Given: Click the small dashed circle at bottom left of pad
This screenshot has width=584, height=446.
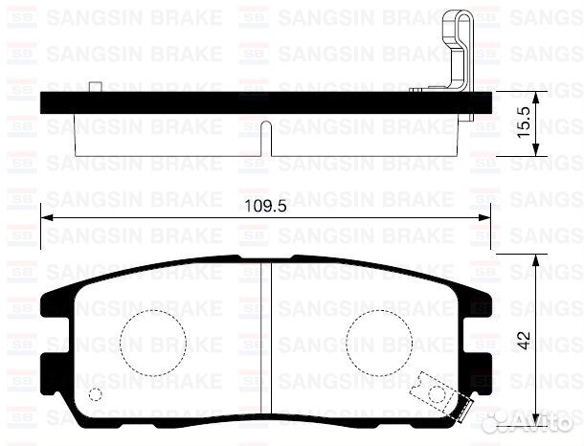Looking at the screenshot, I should (x=95, y=395).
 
